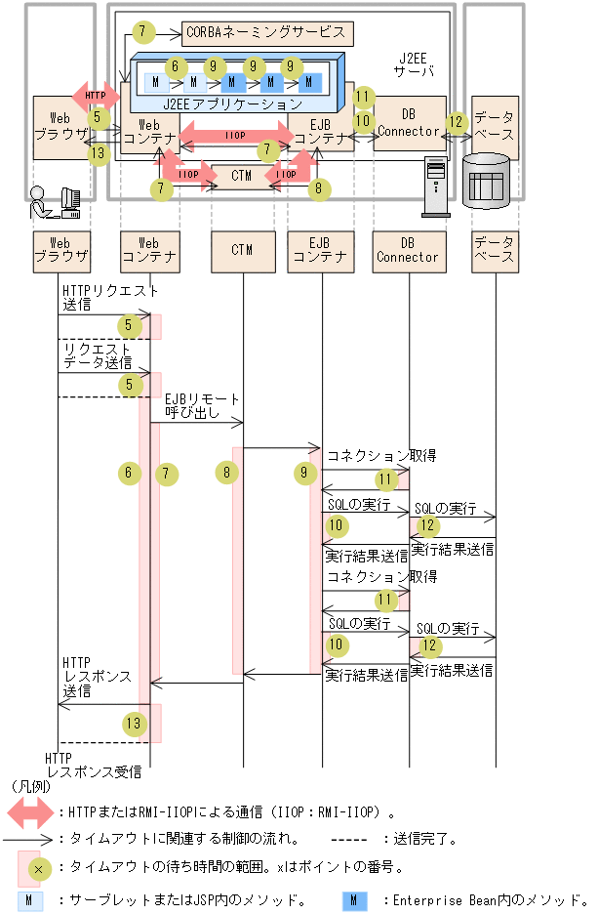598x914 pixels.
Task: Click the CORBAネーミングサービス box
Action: (265, 32)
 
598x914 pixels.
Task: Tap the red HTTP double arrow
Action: (95, 96)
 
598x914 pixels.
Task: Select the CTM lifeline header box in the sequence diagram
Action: (242, 250)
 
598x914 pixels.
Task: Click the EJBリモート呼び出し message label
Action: (201, 407)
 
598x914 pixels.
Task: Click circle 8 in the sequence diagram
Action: (227, 474)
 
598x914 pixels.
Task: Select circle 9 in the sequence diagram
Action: (305, 474)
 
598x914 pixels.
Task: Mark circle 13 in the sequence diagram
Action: (135, 724)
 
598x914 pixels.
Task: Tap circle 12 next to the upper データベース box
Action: (457, 122)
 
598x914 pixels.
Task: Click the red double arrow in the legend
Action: (30, 810)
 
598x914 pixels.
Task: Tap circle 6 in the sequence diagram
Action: (127, 474)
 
